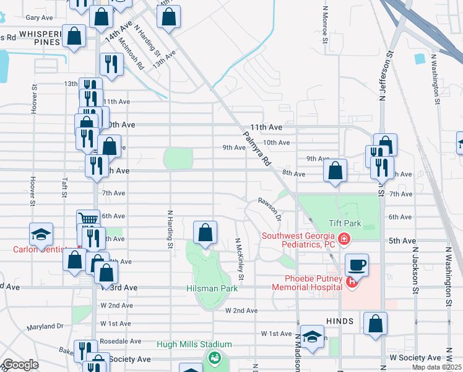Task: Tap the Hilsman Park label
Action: [x=211, y=289]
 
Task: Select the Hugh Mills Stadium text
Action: [x=194, y=345]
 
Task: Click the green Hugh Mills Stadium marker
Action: [x=214, y=357]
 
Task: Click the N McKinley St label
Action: [x=239, y=259]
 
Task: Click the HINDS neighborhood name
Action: [x=338, y=321]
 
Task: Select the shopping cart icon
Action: [x=89, y=219]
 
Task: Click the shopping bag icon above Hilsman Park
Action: [x=206, y=232]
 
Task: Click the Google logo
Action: [x=20, y=365]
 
